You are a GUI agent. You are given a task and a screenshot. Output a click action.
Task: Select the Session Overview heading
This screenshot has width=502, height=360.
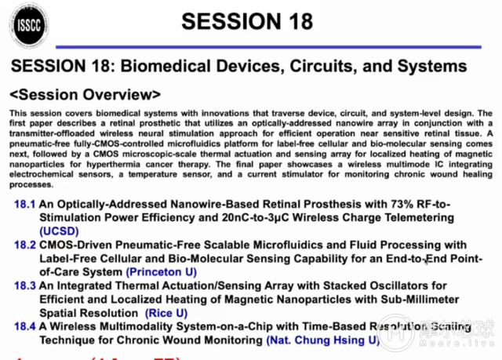pos(86,95)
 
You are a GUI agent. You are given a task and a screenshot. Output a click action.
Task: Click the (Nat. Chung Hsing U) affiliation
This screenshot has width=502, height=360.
pos(322,340)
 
